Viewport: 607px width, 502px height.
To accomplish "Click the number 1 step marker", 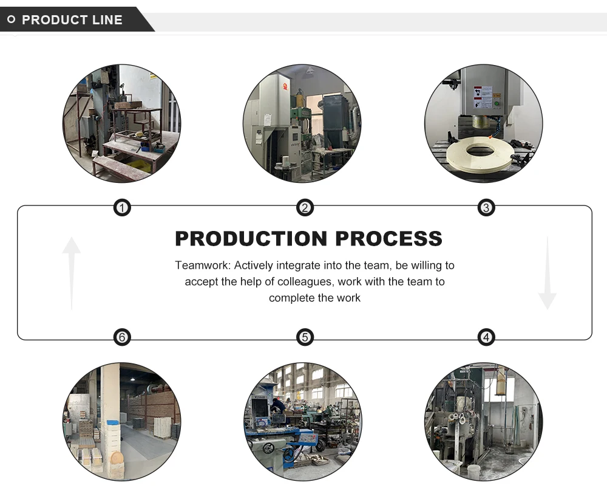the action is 123,208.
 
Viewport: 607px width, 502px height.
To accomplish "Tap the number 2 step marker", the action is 305,208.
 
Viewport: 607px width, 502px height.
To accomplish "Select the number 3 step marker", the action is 486,208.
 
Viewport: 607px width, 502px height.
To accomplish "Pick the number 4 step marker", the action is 486,337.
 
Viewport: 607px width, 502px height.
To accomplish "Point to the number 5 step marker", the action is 305,337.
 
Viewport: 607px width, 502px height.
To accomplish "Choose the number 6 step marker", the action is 123,337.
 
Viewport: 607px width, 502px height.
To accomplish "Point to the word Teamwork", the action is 202,266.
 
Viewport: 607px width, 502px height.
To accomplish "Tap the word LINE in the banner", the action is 107,20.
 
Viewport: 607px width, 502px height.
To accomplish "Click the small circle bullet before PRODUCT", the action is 11,20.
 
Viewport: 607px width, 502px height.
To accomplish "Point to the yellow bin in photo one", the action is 140,165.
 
